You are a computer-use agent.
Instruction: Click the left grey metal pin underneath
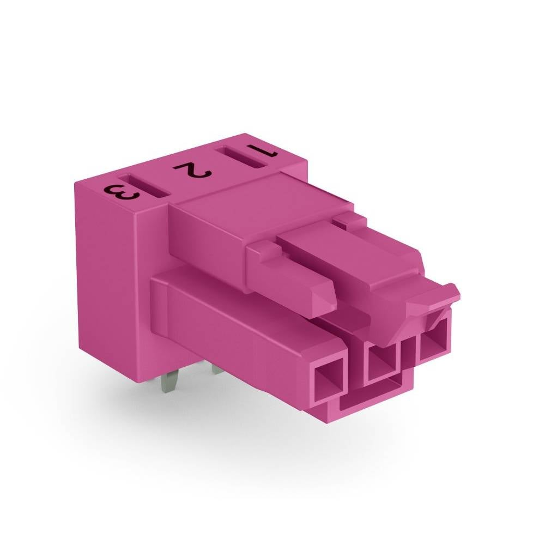tap(169, 381)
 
